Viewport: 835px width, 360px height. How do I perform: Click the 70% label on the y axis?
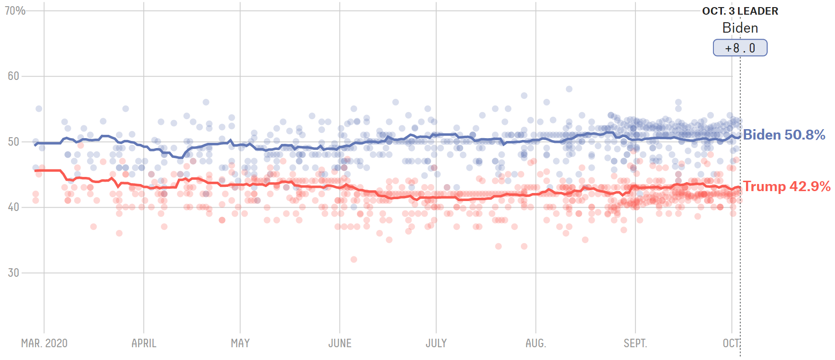[15, 10]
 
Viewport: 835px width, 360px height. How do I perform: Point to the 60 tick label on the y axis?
[13, 76]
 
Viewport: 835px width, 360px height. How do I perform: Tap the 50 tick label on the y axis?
[13, 141]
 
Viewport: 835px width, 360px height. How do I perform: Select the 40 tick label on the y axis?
[13, 207]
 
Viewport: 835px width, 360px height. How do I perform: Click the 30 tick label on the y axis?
[13, 272]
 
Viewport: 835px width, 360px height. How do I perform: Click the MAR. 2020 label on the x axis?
[44, 343]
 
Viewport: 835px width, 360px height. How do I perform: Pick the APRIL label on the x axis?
[144, 343]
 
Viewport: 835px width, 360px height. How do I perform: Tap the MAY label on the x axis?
[240, 343]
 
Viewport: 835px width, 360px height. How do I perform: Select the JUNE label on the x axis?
[340, 343]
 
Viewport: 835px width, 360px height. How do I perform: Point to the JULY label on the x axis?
[436, 343]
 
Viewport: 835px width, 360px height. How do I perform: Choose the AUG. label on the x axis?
[536, 343]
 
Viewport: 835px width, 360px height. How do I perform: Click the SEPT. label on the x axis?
[635, 343]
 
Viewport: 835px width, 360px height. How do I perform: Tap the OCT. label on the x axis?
[731, 343]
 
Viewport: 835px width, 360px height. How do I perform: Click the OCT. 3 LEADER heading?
[740, 11]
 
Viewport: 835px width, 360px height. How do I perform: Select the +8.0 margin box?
[740, 48]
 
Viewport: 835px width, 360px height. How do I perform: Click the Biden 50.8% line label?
[784, 135]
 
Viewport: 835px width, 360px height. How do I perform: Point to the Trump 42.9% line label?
[786, 186]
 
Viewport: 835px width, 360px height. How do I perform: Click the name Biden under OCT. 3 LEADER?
[740, 28]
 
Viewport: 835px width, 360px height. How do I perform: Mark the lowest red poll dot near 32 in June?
[353, 259]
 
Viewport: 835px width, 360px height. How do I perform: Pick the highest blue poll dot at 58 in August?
[569, 89]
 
